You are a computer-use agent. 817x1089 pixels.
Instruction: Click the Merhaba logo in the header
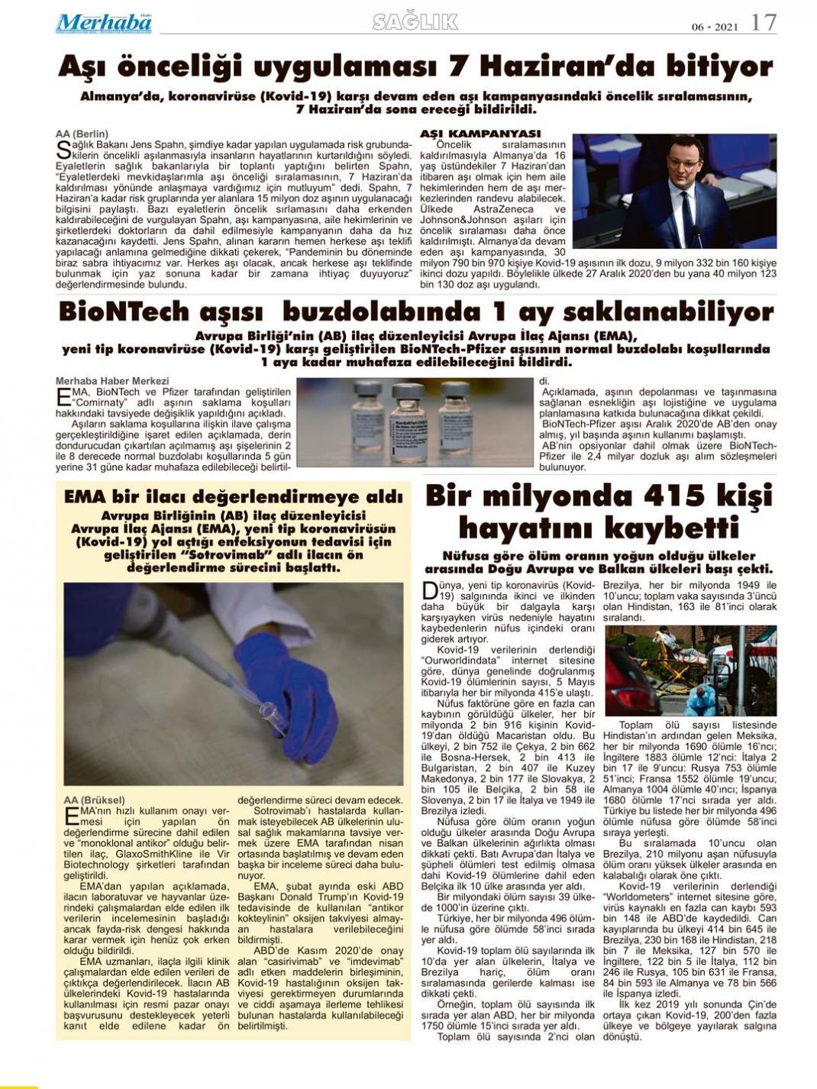coord(104,23)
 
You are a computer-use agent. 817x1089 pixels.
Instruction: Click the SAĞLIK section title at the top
coord(415,22)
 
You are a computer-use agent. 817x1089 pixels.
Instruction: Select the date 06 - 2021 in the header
coord(715,25)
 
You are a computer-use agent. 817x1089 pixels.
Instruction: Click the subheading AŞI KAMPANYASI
coord(480,134)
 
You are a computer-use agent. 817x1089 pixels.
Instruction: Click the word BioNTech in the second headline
coord(123,312)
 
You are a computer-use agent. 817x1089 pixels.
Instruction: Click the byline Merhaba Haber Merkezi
coord(112,380)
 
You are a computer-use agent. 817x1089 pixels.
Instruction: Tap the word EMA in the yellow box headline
coord(85,496)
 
